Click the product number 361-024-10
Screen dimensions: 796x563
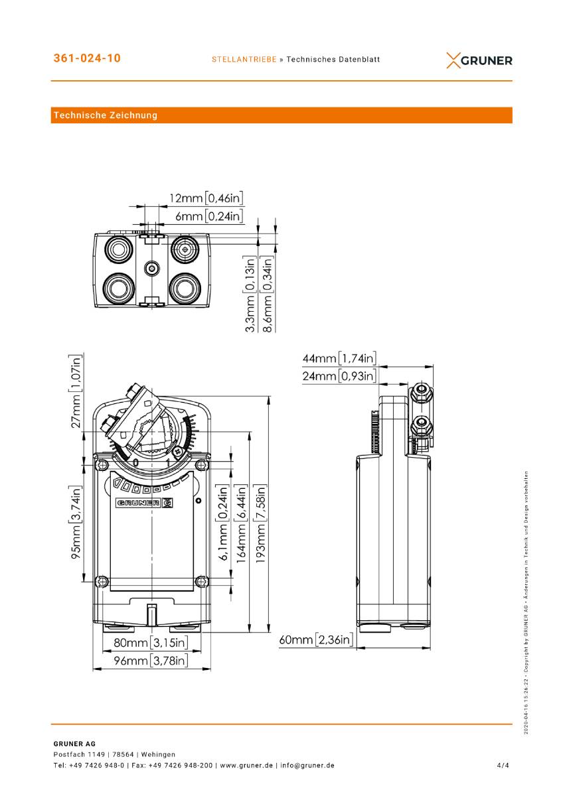87,58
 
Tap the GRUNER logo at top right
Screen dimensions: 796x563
479,60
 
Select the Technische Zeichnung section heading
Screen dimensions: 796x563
106,115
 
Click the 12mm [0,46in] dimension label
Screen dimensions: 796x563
206,198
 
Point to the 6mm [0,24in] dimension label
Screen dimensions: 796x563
209,216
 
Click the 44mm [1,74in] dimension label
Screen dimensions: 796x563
339,359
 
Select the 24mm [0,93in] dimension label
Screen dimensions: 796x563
339,377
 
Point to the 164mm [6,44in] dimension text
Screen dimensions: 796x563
242,521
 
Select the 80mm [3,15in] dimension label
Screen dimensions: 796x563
150,642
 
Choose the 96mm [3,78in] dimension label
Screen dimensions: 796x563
150,661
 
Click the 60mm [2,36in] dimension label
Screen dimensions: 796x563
316,640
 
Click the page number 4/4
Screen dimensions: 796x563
503,765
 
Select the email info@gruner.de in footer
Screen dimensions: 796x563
307,765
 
